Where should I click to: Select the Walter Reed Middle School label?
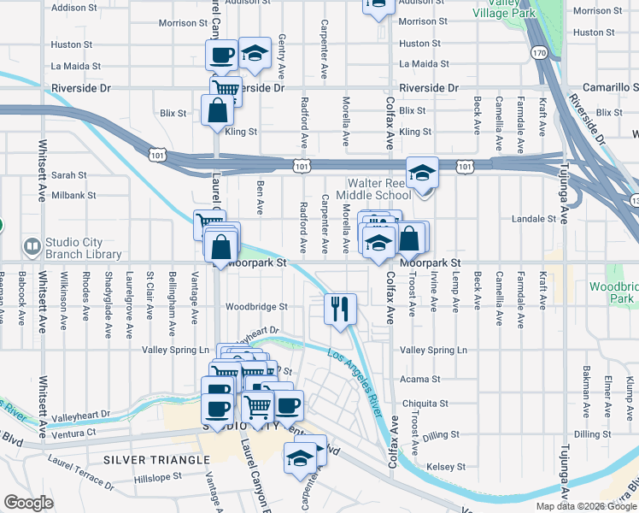coord(379,189)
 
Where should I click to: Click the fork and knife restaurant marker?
coord(341,309)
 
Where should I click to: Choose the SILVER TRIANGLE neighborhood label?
coord(155,460)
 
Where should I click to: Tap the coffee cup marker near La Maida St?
coord(221,56)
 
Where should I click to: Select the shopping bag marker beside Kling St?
coord(217,109)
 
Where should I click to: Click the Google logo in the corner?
coord(28,503)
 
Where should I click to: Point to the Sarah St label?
coord(69,174)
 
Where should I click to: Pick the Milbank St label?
coord(73,195)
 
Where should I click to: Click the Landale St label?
coord(533,219)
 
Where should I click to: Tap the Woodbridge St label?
coord(256,306)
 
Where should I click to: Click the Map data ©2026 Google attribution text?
coord(585,506)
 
